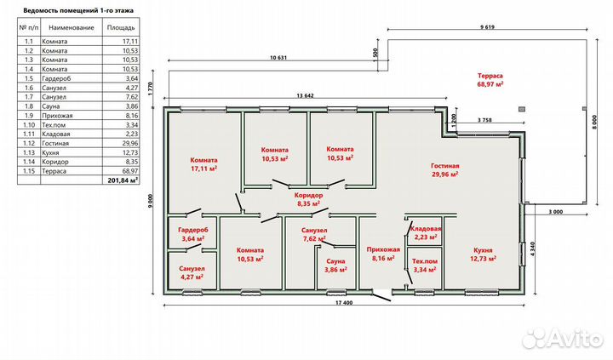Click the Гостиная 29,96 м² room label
click(x=445, y=170)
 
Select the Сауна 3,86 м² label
click(x=335, y=265)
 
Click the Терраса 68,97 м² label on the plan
click(x=490, y=80)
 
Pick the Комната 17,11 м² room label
click(x=203, y=164)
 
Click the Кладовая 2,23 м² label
click(x=426, y=233)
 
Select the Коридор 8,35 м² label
click(x=308, y=198)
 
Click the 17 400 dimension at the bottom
click(x=344, y=302)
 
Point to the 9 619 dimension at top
click(x=487, y=27)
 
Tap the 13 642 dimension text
click(x=306, y=95)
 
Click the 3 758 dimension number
click(x=484, y=120)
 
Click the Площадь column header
click(x=121, y=28)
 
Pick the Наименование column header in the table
click(x=72, y=28)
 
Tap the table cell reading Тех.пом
click(x=54, y=125)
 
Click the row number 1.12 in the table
click(x=29, y=144)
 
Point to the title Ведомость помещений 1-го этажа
click(x=78, y=10)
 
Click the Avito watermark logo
click(x=563, y=338)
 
